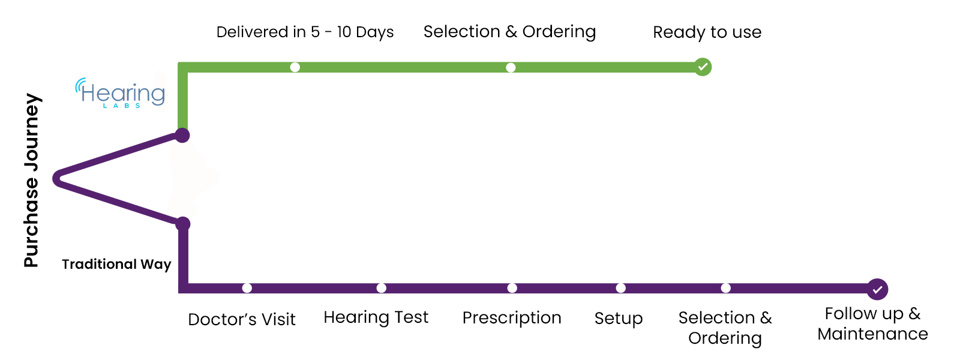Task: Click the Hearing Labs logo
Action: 120,93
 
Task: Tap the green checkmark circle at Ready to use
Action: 703,67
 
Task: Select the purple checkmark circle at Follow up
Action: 877,289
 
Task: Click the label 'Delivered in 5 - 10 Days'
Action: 305,32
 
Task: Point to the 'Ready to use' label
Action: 707,32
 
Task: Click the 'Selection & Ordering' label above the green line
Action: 509,32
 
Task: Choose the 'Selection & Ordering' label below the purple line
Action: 725,328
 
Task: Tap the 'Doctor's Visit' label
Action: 242,319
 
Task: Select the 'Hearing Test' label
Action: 376,317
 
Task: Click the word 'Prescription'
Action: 512,318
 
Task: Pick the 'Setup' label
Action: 619,319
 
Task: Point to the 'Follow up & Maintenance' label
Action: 872,323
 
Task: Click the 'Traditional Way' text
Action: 116,264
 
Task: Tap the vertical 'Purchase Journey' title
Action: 31,180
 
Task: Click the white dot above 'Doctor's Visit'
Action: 247,288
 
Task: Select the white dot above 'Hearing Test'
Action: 382,288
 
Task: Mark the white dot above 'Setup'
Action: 620,288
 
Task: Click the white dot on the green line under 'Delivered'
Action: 295,67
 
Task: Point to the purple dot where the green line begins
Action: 182,136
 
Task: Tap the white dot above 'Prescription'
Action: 512,288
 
